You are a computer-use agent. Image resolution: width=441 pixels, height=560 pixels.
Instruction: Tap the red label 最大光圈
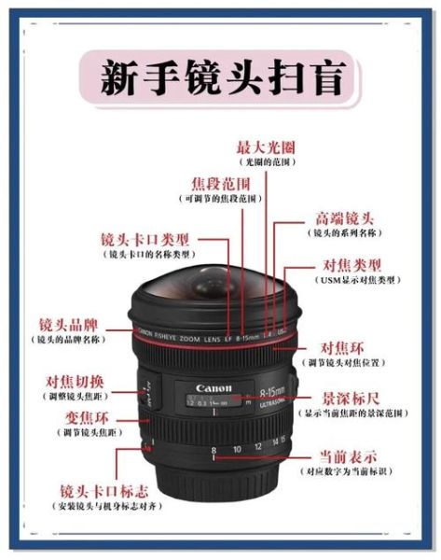coord(262,147)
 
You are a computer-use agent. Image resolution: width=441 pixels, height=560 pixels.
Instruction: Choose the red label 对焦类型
coord(351,264)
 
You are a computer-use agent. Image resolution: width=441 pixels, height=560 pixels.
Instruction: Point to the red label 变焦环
coord(83,418)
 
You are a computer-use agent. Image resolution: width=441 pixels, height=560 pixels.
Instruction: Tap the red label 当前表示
coord(348,456)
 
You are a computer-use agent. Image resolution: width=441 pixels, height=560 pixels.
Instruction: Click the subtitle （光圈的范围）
coord(262,162)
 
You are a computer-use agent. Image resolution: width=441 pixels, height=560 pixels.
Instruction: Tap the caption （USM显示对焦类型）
coord(351,280)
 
